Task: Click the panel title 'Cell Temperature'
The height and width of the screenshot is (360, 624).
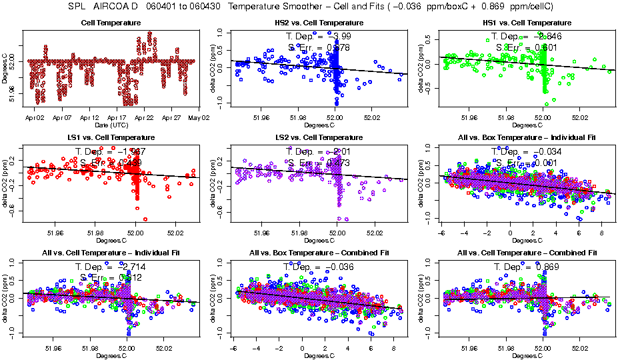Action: [x=111, y=23]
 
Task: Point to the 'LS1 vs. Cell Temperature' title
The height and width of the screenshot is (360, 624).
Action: [x=111, y=137]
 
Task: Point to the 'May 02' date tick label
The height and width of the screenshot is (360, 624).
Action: [x=199, y=117]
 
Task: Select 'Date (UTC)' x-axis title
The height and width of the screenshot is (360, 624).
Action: [x=111, y=125]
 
